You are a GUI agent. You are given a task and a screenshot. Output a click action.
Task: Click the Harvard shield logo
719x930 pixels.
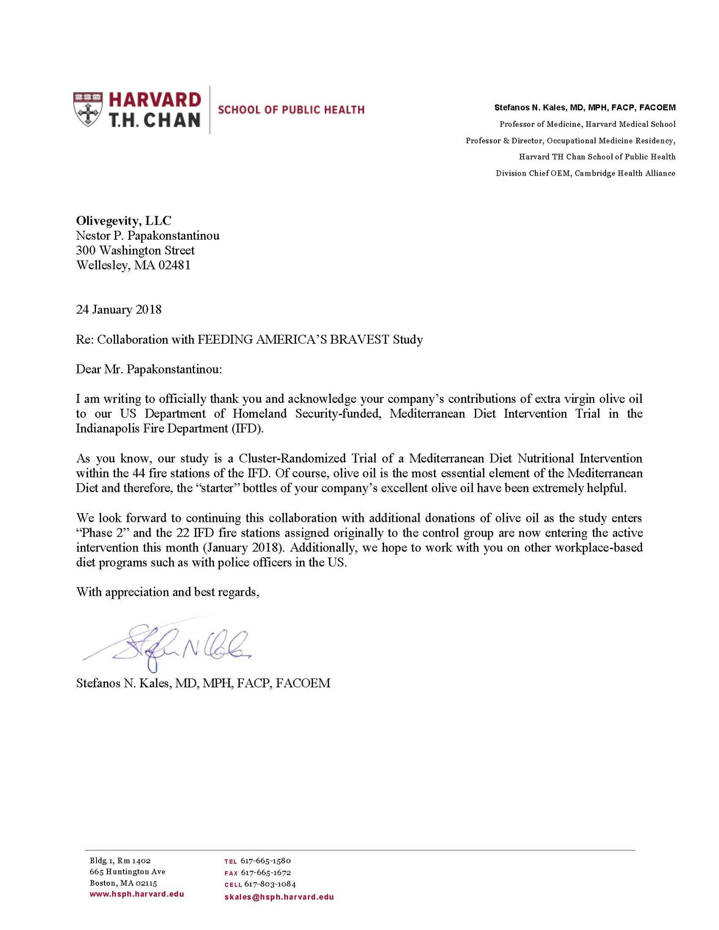point(88,109)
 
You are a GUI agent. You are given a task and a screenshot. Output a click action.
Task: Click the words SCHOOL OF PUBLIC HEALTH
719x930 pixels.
point(291,110)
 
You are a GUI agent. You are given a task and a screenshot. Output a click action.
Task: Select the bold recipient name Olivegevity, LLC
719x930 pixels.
point(123,221)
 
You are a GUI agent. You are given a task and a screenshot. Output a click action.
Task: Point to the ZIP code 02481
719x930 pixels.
point(174,265)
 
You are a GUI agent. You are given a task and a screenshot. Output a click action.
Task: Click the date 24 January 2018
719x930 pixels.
point(118,310)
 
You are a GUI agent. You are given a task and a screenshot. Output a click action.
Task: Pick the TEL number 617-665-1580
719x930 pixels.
point(266,861)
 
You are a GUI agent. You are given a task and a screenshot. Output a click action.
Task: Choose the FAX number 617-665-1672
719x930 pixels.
point(266,873)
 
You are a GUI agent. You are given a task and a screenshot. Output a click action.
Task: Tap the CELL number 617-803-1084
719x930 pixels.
point(270,884)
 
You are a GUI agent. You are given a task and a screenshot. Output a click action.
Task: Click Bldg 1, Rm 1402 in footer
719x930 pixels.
point(120,861)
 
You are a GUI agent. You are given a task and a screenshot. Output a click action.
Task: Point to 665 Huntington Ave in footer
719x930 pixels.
point(127,872)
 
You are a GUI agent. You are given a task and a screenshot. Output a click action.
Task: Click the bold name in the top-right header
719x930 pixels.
point(585,107)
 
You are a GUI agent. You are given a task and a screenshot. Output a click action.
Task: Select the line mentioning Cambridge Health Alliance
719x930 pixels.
point(585,173)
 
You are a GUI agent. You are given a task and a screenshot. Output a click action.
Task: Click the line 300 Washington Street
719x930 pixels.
point(135,250)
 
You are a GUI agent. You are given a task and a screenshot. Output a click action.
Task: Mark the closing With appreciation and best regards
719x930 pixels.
point(167,592)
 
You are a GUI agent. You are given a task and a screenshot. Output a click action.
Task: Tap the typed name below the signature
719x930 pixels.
point(203,683)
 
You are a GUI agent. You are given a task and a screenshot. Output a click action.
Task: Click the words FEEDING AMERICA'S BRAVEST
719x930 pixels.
point(293,340)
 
